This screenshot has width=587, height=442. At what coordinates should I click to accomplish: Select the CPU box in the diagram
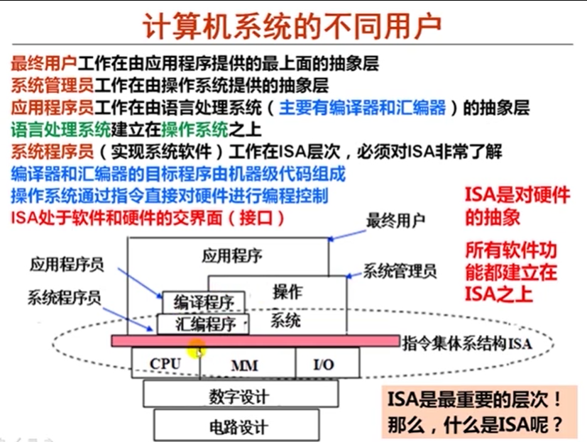165,364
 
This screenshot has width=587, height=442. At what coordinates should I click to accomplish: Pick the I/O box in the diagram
323,365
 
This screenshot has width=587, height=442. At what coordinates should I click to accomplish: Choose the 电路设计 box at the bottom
239,426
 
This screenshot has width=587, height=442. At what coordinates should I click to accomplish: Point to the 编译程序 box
204,302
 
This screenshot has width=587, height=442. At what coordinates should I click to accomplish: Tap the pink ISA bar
256,341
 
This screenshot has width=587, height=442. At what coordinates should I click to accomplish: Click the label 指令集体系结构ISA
466,344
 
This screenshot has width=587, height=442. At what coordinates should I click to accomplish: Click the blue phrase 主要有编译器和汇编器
362,108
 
